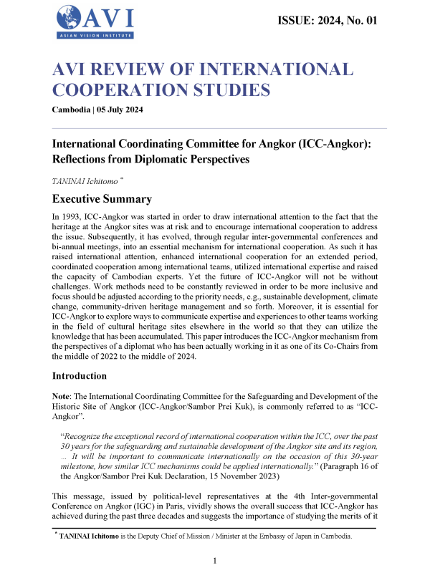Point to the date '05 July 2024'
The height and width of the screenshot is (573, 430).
point(126,109)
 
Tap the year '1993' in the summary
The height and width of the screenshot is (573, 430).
point(75,216)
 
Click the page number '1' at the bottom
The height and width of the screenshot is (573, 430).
point(215,561)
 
